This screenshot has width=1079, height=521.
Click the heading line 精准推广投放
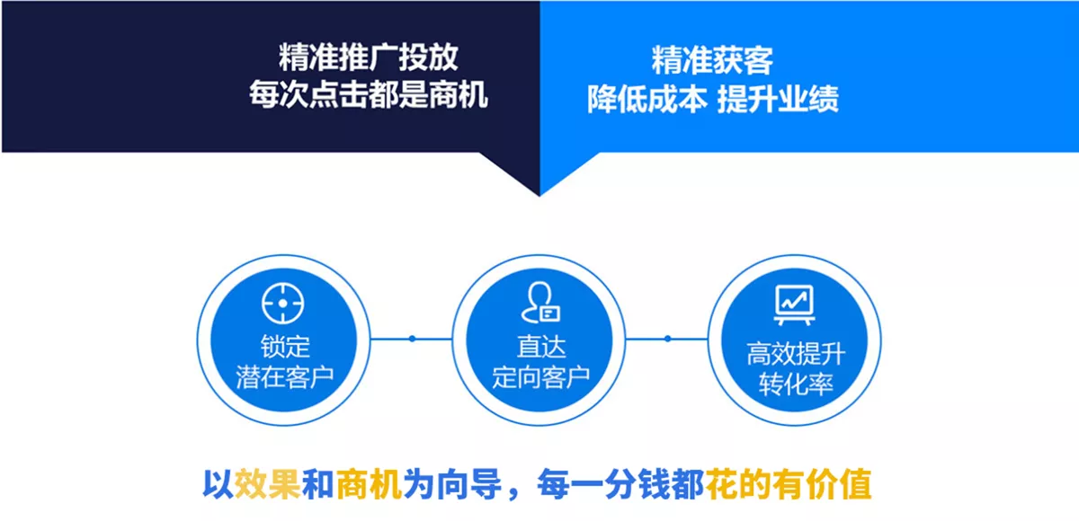369,57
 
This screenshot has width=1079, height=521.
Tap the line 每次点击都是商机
369,94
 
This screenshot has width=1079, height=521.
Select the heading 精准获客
712,60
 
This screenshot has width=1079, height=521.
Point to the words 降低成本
647,99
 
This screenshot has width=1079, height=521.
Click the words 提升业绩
778,99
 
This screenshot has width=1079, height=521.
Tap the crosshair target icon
282,303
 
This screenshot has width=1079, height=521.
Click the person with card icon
540,302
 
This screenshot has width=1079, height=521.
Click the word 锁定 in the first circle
285,347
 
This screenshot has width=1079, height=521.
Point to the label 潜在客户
285,377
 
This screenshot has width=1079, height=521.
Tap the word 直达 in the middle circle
541,347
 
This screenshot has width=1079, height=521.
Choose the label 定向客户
541,377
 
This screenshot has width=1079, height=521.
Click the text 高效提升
796,354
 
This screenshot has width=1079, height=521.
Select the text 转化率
796,384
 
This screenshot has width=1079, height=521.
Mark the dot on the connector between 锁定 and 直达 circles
413,339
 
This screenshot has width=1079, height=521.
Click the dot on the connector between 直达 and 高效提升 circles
667,339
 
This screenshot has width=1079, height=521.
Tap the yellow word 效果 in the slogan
268,484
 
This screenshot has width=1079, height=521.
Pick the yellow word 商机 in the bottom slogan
369,484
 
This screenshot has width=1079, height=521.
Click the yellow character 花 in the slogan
722,484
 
